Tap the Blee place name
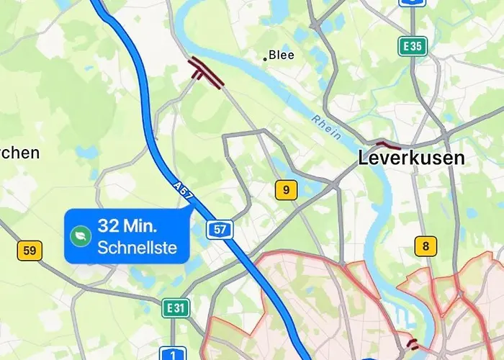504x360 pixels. [282, 55]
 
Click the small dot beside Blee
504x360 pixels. [265, 58]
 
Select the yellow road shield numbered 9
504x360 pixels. [286, 190]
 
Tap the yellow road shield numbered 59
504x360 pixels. [30, 251]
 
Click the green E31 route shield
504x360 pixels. [175, 308]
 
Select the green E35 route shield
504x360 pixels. [413, 47]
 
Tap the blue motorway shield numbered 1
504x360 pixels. [173, 354]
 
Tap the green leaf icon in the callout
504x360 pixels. [81, 235]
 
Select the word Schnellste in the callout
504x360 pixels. [142, 250]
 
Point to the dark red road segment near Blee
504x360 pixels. [206, 73]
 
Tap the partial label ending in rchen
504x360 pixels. [19, 153]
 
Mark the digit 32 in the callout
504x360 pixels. [108, 225]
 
